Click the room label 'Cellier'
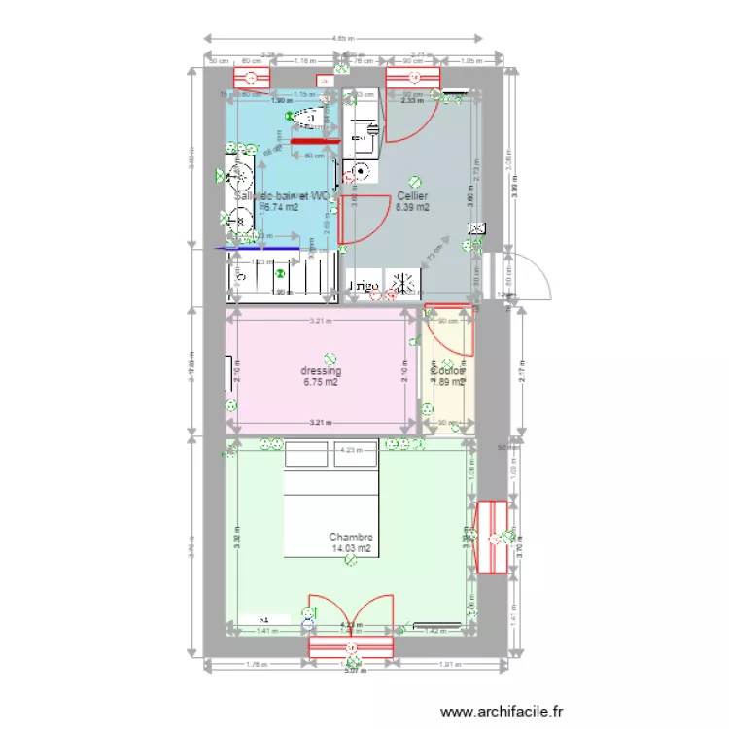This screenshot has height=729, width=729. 413,195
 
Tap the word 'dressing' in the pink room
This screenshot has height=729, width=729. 321,371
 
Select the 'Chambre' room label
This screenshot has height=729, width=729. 351,537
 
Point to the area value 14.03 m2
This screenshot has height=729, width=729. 351,549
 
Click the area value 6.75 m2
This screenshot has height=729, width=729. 321,383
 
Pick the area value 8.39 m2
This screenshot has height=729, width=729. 413,207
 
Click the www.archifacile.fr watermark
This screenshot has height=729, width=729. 502,712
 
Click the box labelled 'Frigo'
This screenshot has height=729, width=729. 364,285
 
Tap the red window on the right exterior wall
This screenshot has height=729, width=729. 493,538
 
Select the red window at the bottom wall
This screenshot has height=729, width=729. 350,648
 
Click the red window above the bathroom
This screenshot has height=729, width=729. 251,77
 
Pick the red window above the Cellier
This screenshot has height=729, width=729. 413,77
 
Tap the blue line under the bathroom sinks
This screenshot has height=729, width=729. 258,248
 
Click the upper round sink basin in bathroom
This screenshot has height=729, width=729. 239,178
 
